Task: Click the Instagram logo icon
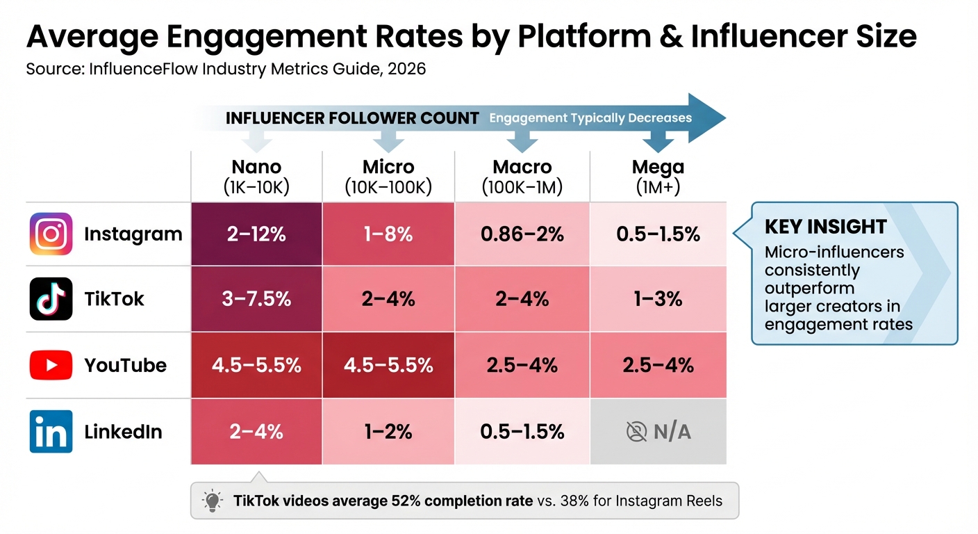pyautogui.click(x=51, y=234)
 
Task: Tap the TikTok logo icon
pyautogui.click(x=51, y=299)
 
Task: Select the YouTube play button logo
pyautogui.click(x=51, y=365)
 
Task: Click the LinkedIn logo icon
pyautogui.click(x=51, y=431)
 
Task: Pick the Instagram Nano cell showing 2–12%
pyautogui.click(x=256, y=234)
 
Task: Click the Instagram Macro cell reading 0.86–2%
pyautogui.click(x=522, y=234)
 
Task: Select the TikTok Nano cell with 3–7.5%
pyautogui.click(x=256, y=299)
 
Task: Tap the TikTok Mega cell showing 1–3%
pyautogui.click(x=658, y=299)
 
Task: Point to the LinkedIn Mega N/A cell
pyautogui.click(x=658, y=432)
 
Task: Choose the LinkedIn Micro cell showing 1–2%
pyautogui.click(x=388, y=432)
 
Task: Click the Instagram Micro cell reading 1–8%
pyautogui.click(x=388, y=234)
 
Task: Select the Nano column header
pyautogui.click(x=256, y=176)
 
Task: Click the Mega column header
pyautogui.click(x=658, y=176)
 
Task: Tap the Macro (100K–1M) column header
pyautogui.click(x=522, y=176)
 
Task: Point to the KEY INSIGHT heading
pyautogui.click(x=825, y=227)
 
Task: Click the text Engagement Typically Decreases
pyautogui.click(x=590, y=118)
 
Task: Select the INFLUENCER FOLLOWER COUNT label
pyautogui.click(x=352, y=118)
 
